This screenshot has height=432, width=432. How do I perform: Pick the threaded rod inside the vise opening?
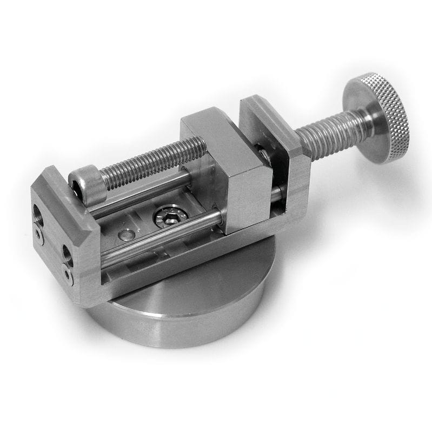(x=157, y=162)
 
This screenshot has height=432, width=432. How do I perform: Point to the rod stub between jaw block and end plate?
(x=277, y=192)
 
